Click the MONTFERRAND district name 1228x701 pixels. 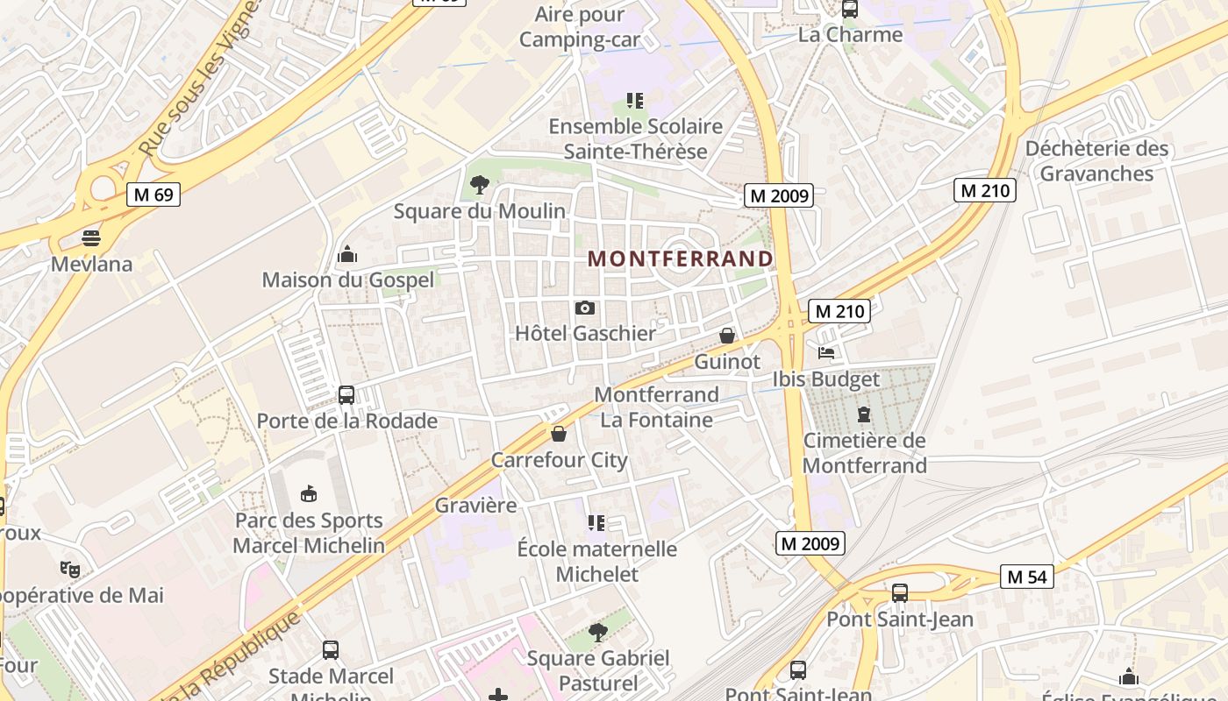tap(681, 258)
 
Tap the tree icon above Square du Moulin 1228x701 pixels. tap(479, 184)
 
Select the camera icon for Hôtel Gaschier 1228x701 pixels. tap(585, 308)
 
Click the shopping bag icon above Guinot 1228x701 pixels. tap(727, 336)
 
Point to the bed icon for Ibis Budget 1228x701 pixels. tap(825, 353)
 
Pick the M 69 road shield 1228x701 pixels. tap(153, 194)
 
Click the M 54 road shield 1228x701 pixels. tap(1026, 577)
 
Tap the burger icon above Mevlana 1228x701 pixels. tap(91, 237)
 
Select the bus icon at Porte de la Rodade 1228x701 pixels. tap(346, 395)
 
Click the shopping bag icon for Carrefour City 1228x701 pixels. tap(559, 434)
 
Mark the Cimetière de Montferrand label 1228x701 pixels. tap(864, 453)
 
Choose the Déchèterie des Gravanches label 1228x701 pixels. tap(1096, 161)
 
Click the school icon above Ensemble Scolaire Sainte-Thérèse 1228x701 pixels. tap(635, 101)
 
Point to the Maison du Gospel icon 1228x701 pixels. tap(347, 254)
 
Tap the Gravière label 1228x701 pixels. tap(475, 506)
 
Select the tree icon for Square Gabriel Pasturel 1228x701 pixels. tap(598, 632)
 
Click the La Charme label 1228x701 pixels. tap(850, 35)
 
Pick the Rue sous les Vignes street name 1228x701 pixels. tap(202, 79)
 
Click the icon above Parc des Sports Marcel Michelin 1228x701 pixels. tap(308, 494)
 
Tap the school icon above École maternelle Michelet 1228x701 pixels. tap(596, 523)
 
